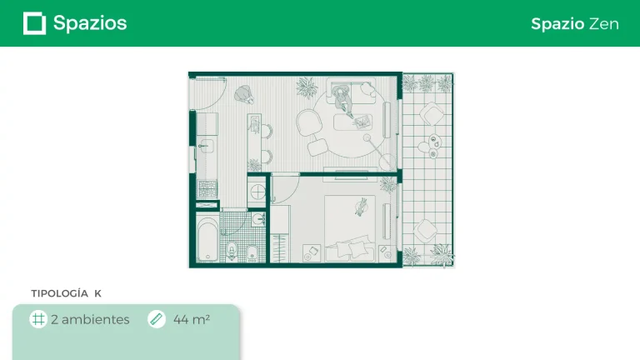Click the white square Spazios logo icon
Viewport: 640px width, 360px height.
34,23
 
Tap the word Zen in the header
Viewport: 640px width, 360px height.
603,24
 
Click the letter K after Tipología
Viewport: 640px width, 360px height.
98,293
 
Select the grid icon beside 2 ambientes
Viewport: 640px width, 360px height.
38,319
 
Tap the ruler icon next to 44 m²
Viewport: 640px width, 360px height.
157,319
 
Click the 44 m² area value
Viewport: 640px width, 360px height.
192,319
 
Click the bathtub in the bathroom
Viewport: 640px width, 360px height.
207,239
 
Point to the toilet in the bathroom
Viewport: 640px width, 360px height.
232,250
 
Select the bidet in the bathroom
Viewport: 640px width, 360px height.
252,253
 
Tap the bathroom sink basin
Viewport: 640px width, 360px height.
258,220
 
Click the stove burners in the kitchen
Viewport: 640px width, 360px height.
207,188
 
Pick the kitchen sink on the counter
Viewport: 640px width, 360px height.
206,146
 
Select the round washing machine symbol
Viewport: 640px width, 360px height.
258,192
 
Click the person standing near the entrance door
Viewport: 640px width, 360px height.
244,94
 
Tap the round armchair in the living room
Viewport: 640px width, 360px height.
309,122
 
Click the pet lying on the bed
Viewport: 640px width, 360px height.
361,207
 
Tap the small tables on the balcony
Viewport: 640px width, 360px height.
430,146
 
